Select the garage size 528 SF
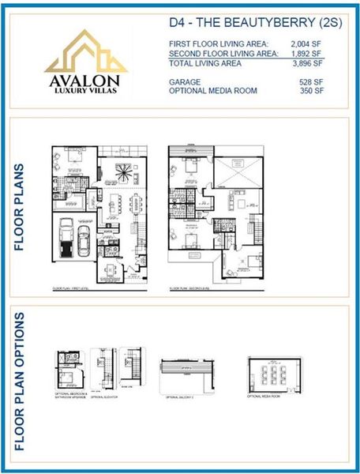(x=312, y=81)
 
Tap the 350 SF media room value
(x=312, y=91)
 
